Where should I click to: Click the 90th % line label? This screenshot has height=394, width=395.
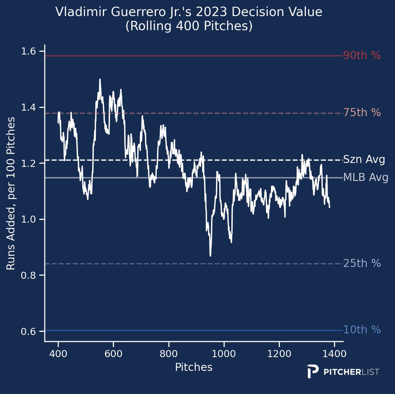coord(362,56)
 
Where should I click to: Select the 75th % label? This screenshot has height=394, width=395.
coord(362,113)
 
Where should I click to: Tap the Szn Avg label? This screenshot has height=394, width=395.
coord(364,160)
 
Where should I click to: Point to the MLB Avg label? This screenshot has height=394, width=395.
coord(365,178)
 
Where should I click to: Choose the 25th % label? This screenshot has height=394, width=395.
coord(362,263)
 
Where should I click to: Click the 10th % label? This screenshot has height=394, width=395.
coord(362,330)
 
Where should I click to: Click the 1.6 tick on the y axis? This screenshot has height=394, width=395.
coord(28,51)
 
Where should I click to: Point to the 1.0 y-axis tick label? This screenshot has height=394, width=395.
coord(28,219)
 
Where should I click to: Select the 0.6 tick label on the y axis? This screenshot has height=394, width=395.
coord(28,331)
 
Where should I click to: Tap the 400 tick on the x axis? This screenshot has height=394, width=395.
coord(58,354)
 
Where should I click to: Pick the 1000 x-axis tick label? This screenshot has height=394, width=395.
coord(224,354)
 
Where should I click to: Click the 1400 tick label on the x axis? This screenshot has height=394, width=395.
coord(334,354)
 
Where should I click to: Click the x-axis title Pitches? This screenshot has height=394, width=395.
coord(194,367)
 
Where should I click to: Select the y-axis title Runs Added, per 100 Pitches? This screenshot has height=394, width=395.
coord(11,194)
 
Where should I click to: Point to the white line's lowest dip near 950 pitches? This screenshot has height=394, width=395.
coord(210,255)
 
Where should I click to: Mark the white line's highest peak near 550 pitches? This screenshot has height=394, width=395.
coord(100,79)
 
